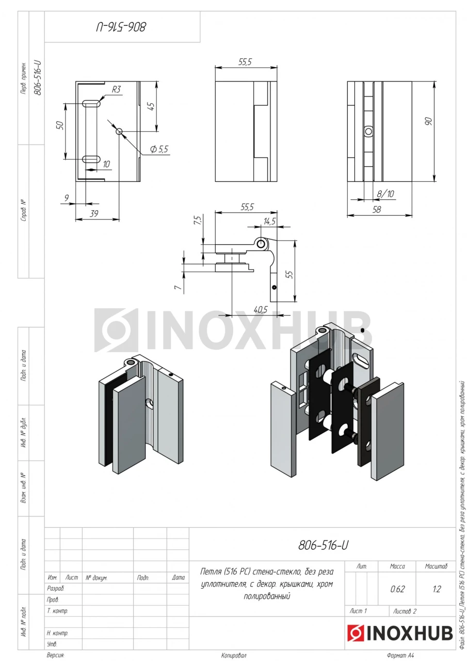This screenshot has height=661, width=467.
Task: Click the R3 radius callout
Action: [116, 89]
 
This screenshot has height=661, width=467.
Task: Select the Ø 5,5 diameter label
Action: [159, 149]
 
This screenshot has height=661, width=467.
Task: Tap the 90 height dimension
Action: [429, 121]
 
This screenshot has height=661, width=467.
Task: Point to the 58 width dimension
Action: [377, 209]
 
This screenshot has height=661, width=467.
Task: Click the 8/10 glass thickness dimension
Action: [385, 194]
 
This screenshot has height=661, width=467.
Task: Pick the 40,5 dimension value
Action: [260, 309]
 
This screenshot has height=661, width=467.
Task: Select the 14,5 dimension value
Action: [269, 222]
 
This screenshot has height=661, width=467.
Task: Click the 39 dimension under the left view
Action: [94, 213]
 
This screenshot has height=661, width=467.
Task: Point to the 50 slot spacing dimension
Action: [60, 125]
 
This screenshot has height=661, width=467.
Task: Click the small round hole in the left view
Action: [119, 131]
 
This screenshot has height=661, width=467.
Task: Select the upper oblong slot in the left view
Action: [91, 104]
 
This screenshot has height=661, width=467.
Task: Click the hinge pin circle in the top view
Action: [261, 244]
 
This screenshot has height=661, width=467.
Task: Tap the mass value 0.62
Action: [397, 589]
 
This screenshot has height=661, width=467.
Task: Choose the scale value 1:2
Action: [437, 589]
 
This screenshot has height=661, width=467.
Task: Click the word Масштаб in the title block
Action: [436, 566]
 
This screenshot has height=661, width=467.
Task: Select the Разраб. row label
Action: [55, 589]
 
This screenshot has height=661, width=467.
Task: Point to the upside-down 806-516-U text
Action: [121, 27]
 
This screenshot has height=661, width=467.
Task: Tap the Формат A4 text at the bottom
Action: [400, 655]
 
